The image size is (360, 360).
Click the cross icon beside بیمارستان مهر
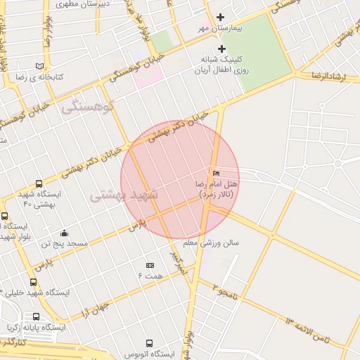click(x=222, y=17)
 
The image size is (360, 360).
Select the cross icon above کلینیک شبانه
click(x=222, y=49)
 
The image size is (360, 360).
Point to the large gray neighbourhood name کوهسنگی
click(x=87, y=108)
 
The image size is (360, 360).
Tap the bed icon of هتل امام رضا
click(x=216, y=173)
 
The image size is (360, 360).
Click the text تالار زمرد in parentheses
click(x=215, y=193)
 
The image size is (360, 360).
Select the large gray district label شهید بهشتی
click(x=125, y=195)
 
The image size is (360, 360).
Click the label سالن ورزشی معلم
click(x=211, y=243)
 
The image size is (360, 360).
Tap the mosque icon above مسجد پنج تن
click(x=65, y=233)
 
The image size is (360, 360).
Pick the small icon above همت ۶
click(x=150, y=265)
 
